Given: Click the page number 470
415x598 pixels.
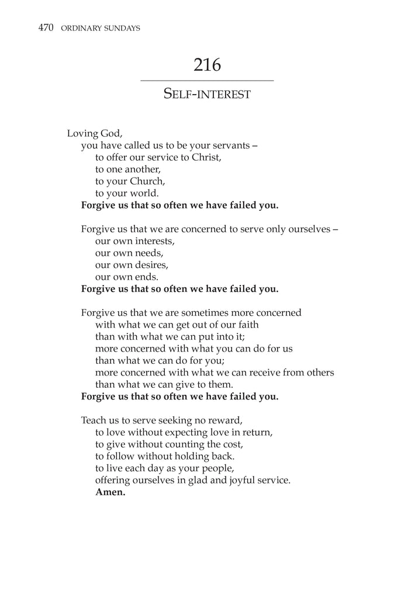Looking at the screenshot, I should coord(46,27).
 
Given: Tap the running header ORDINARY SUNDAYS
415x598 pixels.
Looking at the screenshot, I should coord(100,28).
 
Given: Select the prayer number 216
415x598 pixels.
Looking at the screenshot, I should coord(207,65).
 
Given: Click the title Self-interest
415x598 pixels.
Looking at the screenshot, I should coord(207,93).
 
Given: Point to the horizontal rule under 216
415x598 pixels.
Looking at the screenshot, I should coord(207,80).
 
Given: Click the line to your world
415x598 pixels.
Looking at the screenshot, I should coord(127,193).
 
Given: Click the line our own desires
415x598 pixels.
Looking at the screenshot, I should coord(132,265).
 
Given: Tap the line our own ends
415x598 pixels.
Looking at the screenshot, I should coord(126,277).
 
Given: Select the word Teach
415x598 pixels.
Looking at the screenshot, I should coord(94,420).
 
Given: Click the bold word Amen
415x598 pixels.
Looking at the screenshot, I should coord(110,492).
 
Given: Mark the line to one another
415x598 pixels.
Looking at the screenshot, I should coord(127,169).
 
